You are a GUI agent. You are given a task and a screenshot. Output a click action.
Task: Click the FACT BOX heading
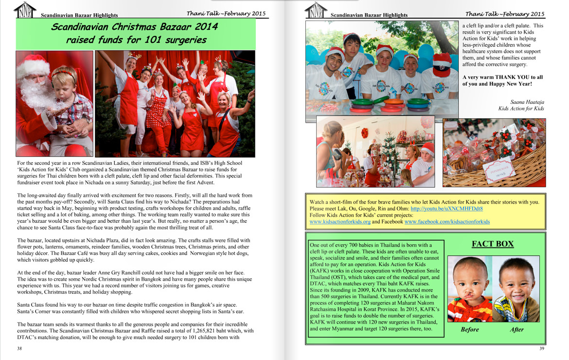(493, 244)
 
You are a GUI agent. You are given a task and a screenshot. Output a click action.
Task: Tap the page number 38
(19, 348)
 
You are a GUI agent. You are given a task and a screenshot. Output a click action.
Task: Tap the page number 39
(542, 348)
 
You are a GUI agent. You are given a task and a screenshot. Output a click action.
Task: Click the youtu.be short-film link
(446, 208)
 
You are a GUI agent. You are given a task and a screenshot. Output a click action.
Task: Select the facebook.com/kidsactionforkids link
(447, 221)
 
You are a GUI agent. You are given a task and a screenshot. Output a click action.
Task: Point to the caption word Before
(469, 329)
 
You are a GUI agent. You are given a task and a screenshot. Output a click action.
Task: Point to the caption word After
(516, 329)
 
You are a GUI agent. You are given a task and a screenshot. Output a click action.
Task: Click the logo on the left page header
(25, 11)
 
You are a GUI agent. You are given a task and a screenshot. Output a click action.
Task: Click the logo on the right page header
(317, 11)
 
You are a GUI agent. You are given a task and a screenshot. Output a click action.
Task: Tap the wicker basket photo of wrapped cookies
(494, 153)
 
